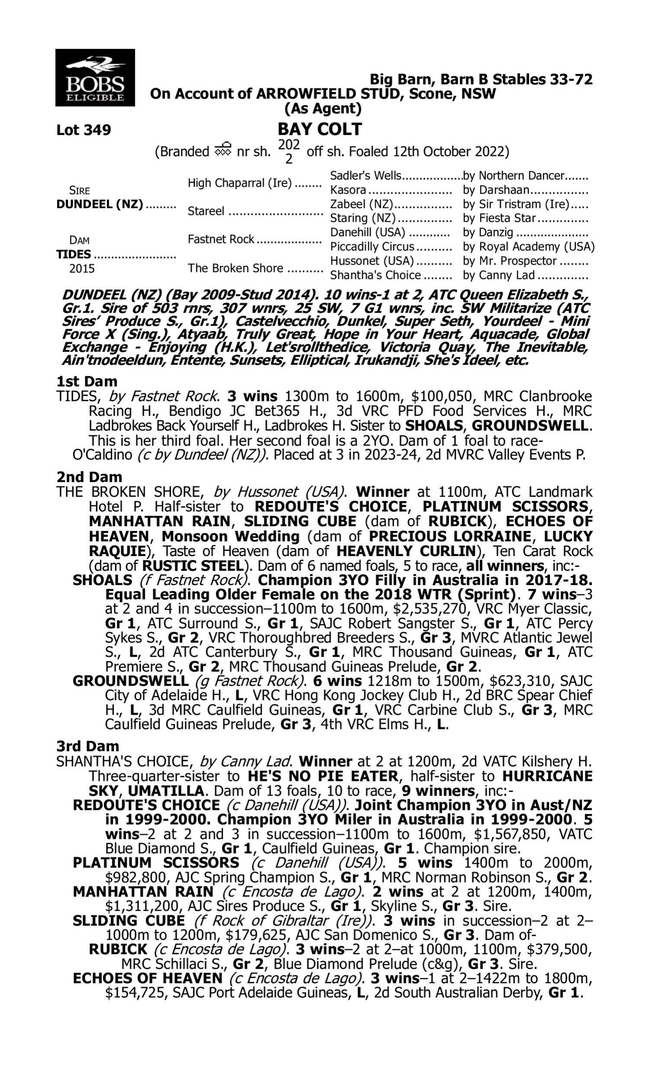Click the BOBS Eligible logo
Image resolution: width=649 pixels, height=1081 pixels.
pyautogui.click(x=95, y=78)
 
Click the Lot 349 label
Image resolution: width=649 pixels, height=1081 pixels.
pyautogui.click(x=84, y=130)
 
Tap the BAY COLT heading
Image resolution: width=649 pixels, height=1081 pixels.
pyautogui.click(x=320, y=129)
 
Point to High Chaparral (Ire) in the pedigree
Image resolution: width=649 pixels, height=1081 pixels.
pyautogui.click(x=239, y=183)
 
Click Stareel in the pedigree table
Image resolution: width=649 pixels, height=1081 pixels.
pyautogui.click(x=206, y=211)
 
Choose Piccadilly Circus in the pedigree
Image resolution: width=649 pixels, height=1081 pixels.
pyautogui.click(x=372, y=247)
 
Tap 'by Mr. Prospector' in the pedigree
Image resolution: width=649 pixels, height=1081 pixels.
pyautogui.click(x=510, y=261)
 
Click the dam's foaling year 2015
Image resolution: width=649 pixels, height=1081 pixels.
pyautogui.click(x=82, y=269)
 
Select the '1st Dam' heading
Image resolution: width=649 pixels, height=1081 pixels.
pyautogui.click(x=87, y=381)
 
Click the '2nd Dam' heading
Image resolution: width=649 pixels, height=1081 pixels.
pyautogui.click(x=89, y=477)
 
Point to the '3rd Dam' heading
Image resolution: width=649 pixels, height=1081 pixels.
pyautogui.click(x=88, y=746)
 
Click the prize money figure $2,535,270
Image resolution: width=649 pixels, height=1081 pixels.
pyautogui.click(x=446, y=609)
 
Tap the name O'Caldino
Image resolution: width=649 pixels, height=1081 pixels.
pyautogui.click(x=102, y=455)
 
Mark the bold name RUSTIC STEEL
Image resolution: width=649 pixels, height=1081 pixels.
pyautogui.click(x=193, y=566)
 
